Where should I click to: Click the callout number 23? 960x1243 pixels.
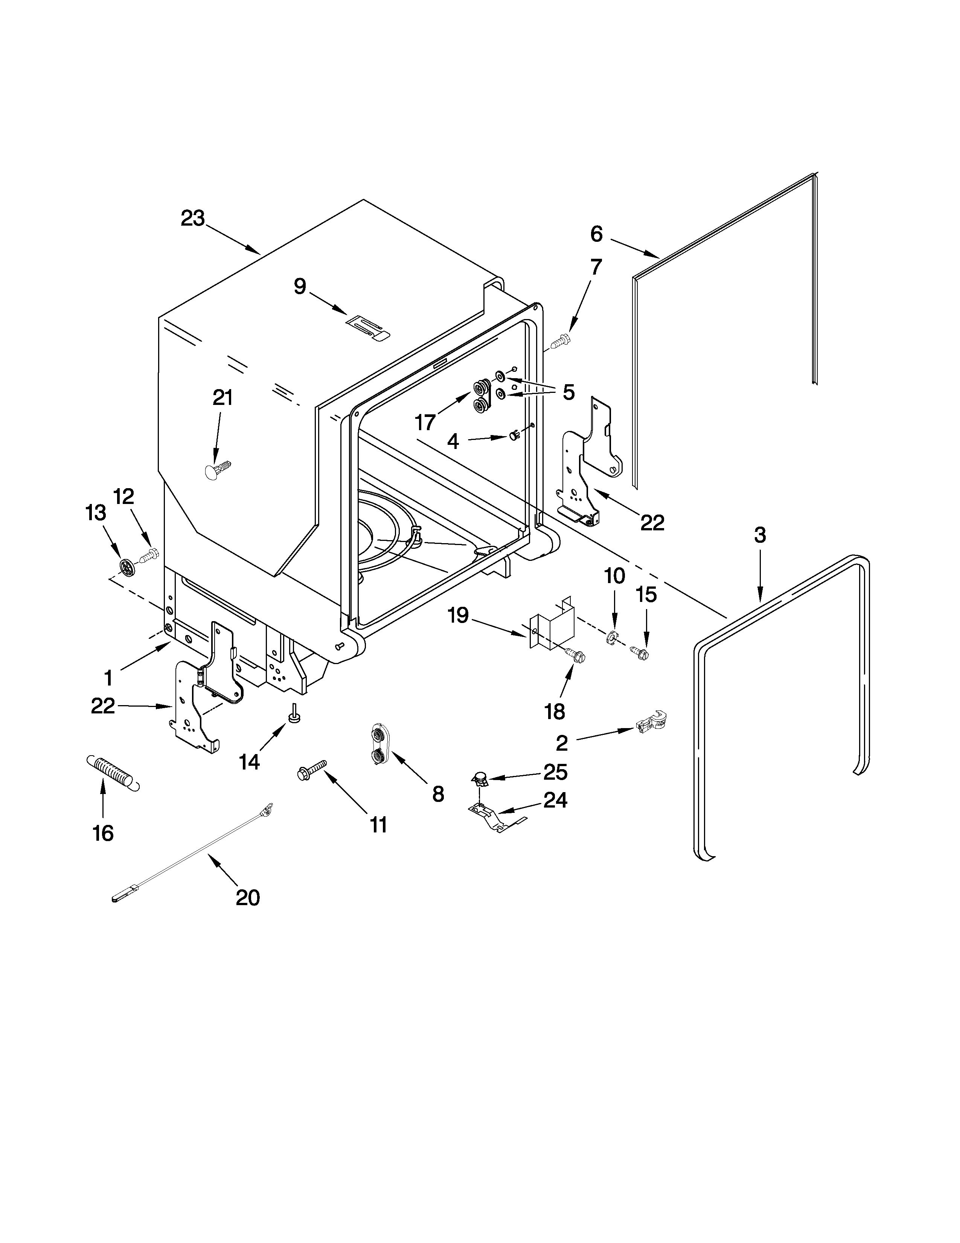coord(192,218)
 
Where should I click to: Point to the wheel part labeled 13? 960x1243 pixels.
coord(128,566)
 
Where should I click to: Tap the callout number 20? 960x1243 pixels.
coord(247,898)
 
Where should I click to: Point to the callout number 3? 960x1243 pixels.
coord(760,535)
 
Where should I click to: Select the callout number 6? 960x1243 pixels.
coord(596,234)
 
